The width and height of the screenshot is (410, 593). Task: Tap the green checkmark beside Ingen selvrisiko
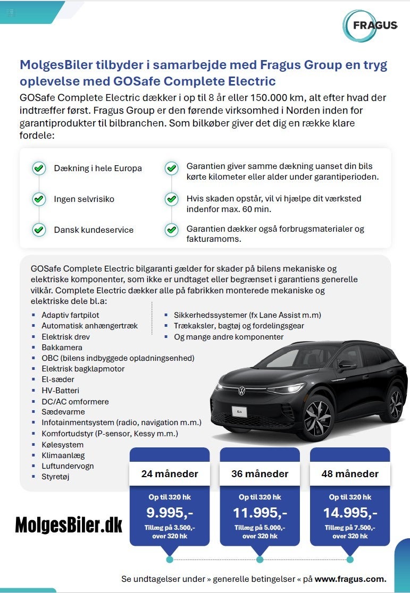(39, 199)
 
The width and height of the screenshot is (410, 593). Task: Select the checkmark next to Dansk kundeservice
(39, 230)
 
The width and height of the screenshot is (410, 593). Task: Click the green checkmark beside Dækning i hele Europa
(39, 168)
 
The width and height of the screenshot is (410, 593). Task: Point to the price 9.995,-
(170, 512)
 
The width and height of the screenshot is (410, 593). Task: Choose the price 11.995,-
(260, 512)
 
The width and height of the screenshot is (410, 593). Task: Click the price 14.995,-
(350, 512)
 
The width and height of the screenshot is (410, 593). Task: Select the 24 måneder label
(170, 473)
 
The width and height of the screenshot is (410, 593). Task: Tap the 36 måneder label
(260, 473)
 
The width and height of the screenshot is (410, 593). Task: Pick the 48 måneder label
(350, 473)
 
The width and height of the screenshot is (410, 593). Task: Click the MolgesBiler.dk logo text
(69, 525)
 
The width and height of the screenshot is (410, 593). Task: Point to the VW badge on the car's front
(242, 391)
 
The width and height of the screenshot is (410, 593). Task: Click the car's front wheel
(317, 418)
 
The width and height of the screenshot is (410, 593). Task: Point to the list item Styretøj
(55, 477)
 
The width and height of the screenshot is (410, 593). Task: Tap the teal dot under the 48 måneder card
(350, 560)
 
